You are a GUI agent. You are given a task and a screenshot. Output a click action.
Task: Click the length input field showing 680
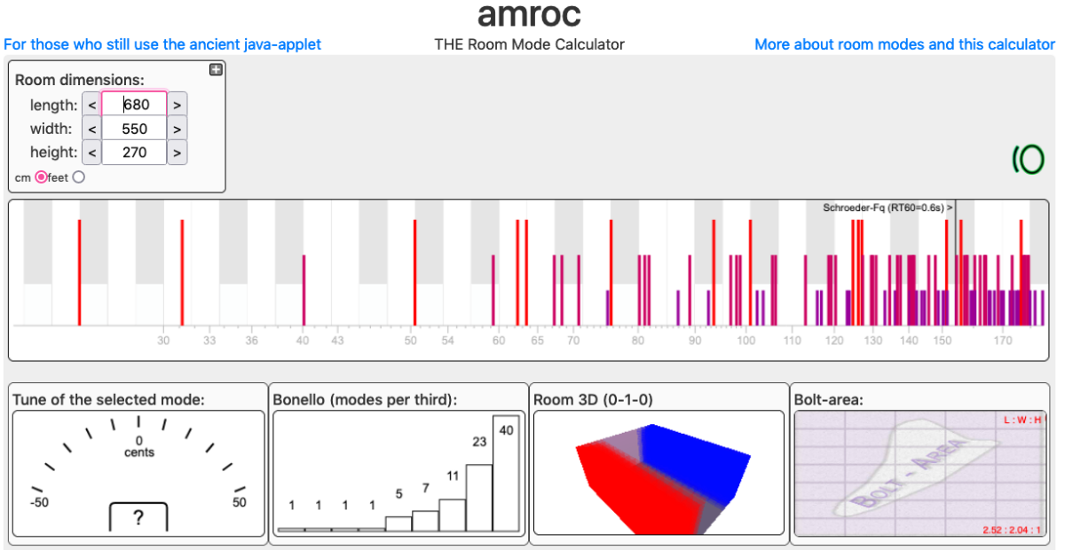point(134,104)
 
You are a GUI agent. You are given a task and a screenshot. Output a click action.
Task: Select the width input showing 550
point(134,129)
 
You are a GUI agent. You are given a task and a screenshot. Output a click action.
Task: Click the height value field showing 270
point(134,153)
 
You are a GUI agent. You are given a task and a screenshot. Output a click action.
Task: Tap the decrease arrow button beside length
point(91,104)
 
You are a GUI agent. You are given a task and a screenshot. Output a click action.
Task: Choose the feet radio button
point(79,177)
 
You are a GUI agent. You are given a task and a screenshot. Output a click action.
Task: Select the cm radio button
point(41,177)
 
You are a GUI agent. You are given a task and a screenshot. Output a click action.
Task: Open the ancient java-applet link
point(162,44)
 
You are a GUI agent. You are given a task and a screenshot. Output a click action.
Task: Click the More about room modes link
point(904,44)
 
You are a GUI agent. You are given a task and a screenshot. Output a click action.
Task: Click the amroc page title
point(529,15)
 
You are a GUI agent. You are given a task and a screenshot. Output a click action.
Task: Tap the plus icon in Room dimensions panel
point(216,70)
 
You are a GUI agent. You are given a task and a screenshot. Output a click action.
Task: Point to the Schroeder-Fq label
point(885,208)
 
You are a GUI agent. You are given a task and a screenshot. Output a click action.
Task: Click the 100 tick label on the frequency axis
point(745,341)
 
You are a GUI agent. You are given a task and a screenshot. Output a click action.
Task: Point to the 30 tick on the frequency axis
point(163,341)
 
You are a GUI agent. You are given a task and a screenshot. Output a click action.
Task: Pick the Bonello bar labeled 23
point(479,498)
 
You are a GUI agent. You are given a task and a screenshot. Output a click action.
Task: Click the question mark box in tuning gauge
point(138,518)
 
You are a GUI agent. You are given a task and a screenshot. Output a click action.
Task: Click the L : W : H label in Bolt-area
point(1022,420)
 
